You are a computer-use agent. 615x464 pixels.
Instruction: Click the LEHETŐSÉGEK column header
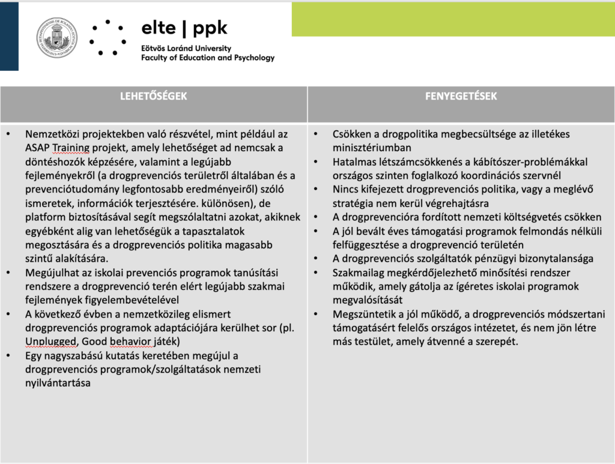click(x=153, y=96)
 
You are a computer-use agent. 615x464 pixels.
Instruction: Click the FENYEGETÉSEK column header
click(x=461, y=96)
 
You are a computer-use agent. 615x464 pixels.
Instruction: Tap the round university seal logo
click(x=56, y=38)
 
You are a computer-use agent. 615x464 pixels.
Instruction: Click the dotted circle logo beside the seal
click(x=107, y=38)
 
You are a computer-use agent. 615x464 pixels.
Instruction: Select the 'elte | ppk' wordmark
click(x=184, y=28)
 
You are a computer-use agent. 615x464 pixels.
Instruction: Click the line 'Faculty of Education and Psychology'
click(x=207, y=58)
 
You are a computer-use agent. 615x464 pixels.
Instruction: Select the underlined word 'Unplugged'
click(x=48, y=342)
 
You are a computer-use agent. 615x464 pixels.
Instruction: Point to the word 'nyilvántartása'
click(x=58, y=383)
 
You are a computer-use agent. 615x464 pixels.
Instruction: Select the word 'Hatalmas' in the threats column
click(x=354, y=162)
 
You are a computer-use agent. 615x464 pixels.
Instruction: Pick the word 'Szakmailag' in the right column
click(x=360, y=273)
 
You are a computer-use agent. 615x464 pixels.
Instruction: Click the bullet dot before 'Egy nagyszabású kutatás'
click(x=8, y=355)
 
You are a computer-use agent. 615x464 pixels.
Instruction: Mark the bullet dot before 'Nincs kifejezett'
click(x=316, y=190)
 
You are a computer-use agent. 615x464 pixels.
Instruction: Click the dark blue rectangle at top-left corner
click(x=9, y=36)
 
